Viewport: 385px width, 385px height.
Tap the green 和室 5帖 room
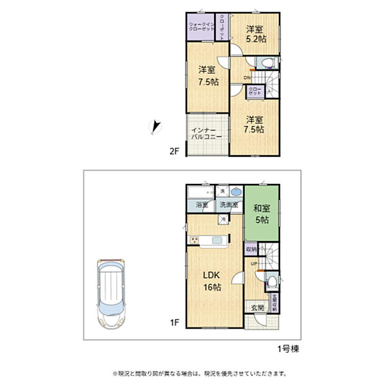(x=261, y=214)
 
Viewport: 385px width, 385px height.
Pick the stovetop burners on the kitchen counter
(x=194, y=240)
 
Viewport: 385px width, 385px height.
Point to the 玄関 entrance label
(x=257, y=307)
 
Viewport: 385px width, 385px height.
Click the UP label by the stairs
(x=254, y=265)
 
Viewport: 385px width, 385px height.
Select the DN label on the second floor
(x=247, y=78)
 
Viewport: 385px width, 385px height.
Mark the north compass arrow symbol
(x=155, y=127)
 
